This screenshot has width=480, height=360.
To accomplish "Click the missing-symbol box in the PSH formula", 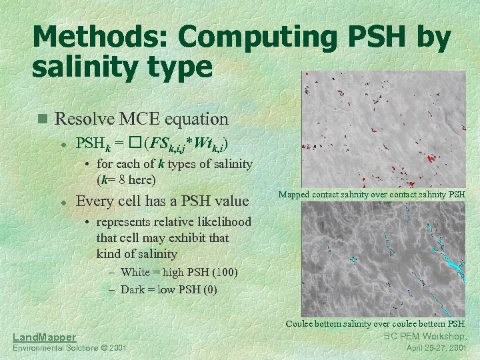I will (x=136, y=143).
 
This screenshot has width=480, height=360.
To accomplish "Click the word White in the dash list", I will (x=135, y=272).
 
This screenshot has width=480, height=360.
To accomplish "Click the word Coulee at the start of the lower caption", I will (x=301, y=323).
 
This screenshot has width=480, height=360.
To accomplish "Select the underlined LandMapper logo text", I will (x=44, y=337).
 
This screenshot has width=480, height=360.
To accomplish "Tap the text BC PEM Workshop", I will (x=425, y=335).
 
